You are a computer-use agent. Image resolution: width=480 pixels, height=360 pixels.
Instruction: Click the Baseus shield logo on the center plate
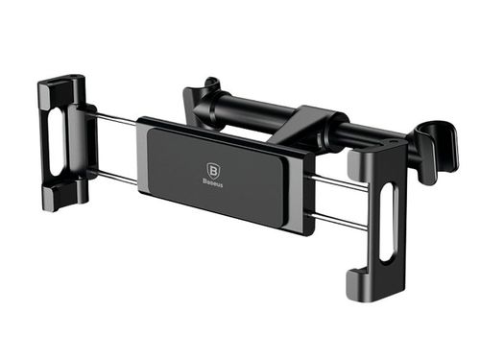click(213, 171)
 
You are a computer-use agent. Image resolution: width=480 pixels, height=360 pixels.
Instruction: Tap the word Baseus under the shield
click(213, 182)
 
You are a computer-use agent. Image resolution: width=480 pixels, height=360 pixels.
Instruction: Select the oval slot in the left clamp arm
click(57, 141)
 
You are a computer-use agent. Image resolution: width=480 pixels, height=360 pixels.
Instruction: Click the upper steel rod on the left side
click(116, 117)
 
